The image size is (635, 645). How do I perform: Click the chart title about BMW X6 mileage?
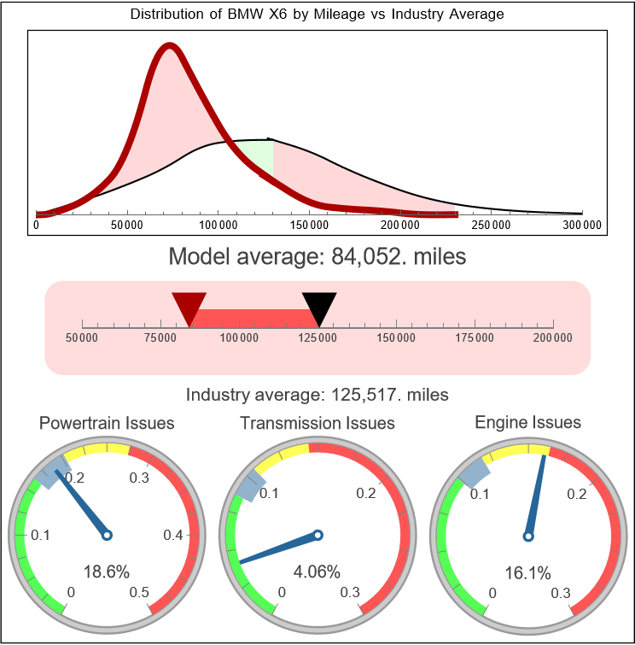(317, 15)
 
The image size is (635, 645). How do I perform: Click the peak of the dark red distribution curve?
(170, 47)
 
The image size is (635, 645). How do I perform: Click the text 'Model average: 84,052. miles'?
(317, 256)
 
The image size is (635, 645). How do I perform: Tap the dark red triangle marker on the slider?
(189, 306)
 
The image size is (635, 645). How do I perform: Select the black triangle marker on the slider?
(319, 306)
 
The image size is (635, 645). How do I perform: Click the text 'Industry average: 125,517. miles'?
(317, 395)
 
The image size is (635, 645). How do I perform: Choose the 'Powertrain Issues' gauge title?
(107, 423)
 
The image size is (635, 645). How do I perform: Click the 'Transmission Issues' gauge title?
(317, 423)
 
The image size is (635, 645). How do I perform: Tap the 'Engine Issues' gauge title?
(527, 422)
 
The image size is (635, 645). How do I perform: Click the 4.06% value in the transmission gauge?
(317, 572)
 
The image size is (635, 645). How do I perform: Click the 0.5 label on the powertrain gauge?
(140, 592)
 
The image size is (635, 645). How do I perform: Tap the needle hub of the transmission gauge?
(317, 536)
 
